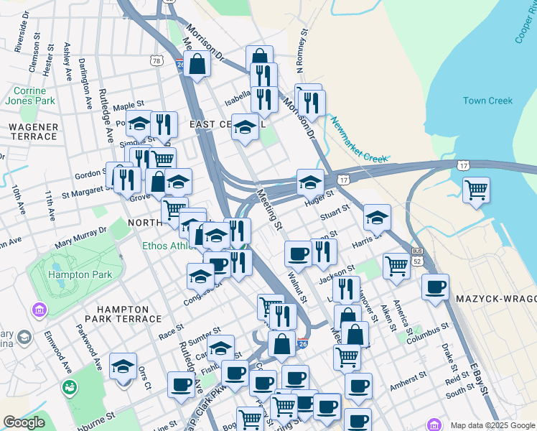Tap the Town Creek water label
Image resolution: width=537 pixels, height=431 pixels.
[x=487, y=101]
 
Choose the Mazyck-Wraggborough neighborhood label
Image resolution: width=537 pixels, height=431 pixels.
[x=495, y=297]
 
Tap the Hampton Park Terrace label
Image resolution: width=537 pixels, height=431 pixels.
[x=123, y=318]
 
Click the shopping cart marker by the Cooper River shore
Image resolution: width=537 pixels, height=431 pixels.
[x=476, y=190]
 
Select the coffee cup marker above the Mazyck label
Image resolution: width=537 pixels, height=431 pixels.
[x=435, y=287]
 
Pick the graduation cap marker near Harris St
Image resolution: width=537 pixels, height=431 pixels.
[x=377, y=217]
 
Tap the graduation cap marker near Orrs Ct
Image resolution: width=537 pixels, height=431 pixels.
[x=123, y=366]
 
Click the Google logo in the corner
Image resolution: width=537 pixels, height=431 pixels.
[x=24, y=422]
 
